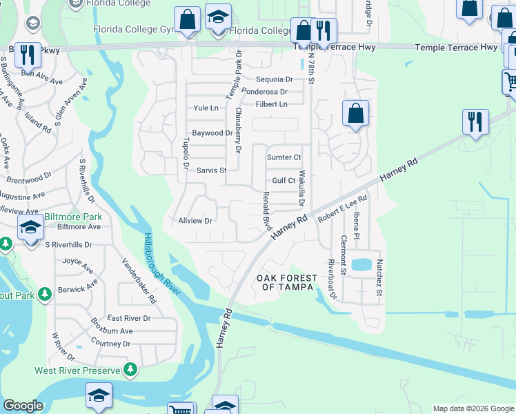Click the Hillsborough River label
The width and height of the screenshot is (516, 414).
point(163,265)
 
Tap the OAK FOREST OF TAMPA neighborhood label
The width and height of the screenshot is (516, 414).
point(287,283)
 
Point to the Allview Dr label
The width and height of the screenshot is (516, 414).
point(195,221)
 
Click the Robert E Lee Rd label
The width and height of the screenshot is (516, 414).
point(342,207)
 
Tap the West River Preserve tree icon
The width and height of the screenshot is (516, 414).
point(130,371)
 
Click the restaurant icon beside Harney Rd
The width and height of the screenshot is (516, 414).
point(474,121)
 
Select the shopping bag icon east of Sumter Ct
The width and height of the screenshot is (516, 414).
point(355,114)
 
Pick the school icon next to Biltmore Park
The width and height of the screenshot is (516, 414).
point(30,228)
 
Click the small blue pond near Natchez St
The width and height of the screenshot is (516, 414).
point(360,264)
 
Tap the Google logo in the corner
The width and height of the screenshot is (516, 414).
point(23,406)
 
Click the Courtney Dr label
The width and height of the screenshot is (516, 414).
point(110,343)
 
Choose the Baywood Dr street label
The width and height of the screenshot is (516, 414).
point(212,132)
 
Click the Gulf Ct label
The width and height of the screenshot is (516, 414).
point(284,181)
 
